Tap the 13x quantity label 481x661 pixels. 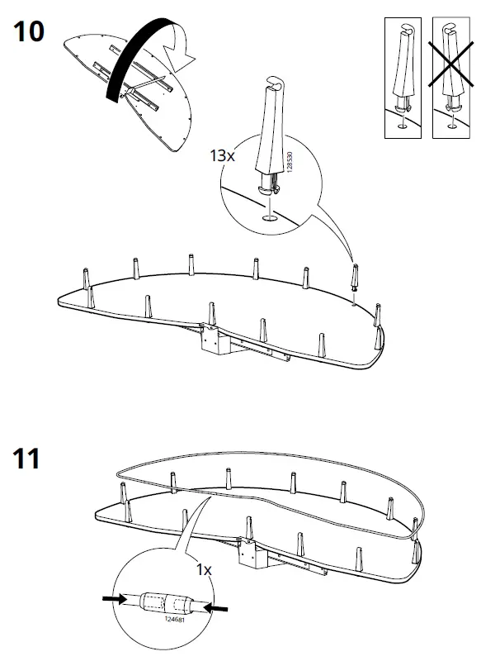tap(224, 155)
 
